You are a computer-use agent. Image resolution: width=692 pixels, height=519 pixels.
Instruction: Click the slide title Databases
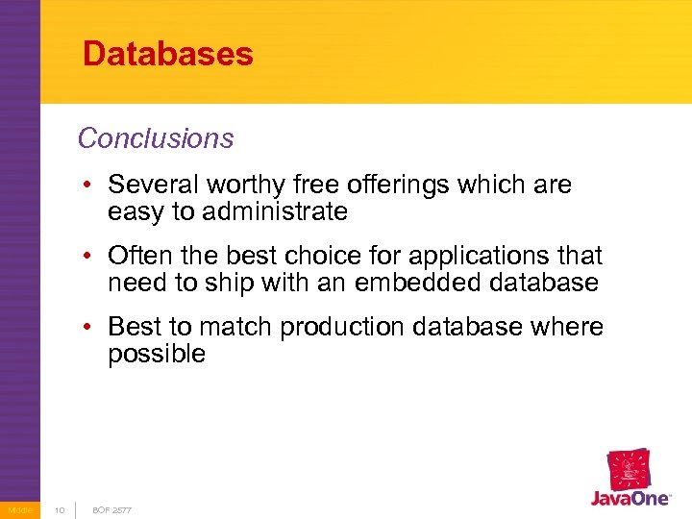pyautogui.click(x=168, y=53)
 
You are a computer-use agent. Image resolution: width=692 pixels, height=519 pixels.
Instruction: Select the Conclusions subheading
pyautogui.click(x=156, y=138)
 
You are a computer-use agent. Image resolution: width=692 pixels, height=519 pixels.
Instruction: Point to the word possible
pyautogui.click(x=157, y=354)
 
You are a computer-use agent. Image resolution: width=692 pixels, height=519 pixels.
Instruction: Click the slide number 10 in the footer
pyautogui.click(x=58, y=509)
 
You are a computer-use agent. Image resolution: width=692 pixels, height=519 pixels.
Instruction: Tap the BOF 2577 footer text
pyautogui.click(x=111, y=509)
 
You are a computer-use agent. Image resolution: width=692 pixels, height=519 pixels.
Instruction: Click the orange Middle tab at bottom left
pyautogui.click(x=19, y=509)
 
